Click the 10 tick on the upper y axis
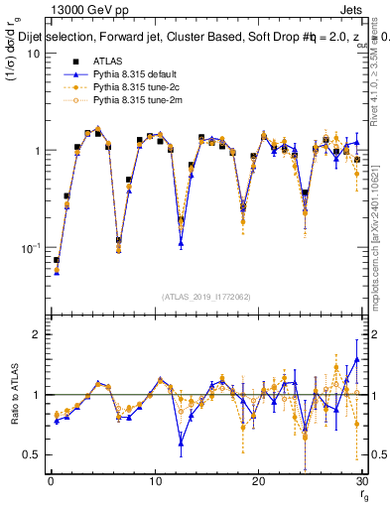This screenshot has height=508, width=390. click(33, 54)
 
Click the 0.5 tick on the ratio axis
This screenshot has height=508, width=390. click(31, 454)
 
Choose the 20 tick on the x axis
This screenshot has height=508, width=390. click(258, 483)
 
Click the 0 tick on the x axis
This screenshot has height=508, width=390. click(51, 483)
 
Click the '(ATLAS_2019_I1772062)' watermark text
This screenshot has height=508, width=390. click(205, 296)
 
